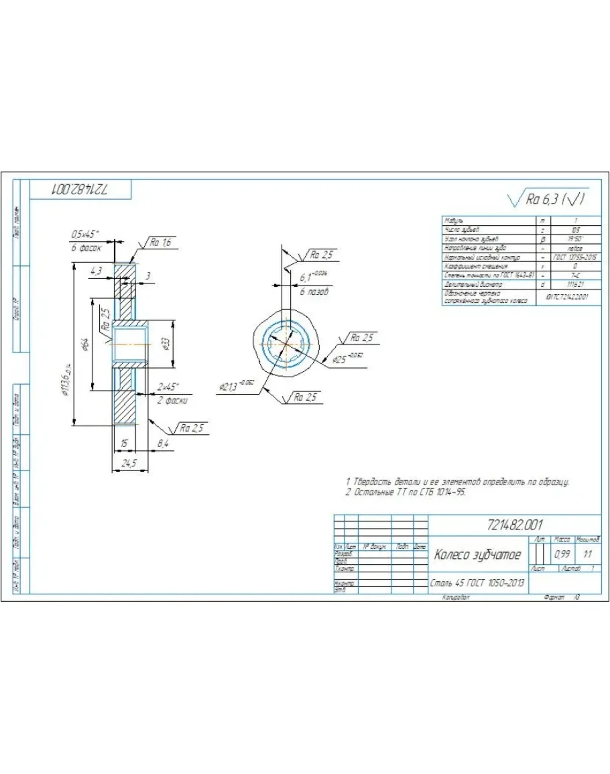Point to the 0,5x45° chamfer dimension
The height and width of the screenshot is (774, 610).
click(x=85, y=234)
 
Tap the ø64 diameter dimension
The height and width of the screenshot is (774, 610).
click(x=86, y=344)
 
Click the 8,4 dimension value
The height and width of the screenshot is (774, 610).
click(x=164, y=443)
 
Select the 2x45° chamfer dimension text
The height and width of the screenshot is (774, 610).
click(x=168, y=387)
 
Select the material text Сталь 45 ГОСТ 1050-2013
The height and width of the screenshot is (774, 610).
click(x=477, y=583)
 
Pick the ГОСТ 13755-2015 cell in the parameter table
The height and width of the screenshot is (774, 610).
click(x=575, y=257)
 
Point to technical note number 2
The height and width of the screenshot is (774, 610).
click(x=406, y=492)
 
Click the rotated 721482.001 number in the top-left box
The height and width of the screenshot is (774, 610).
click(x=80, y=189)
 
